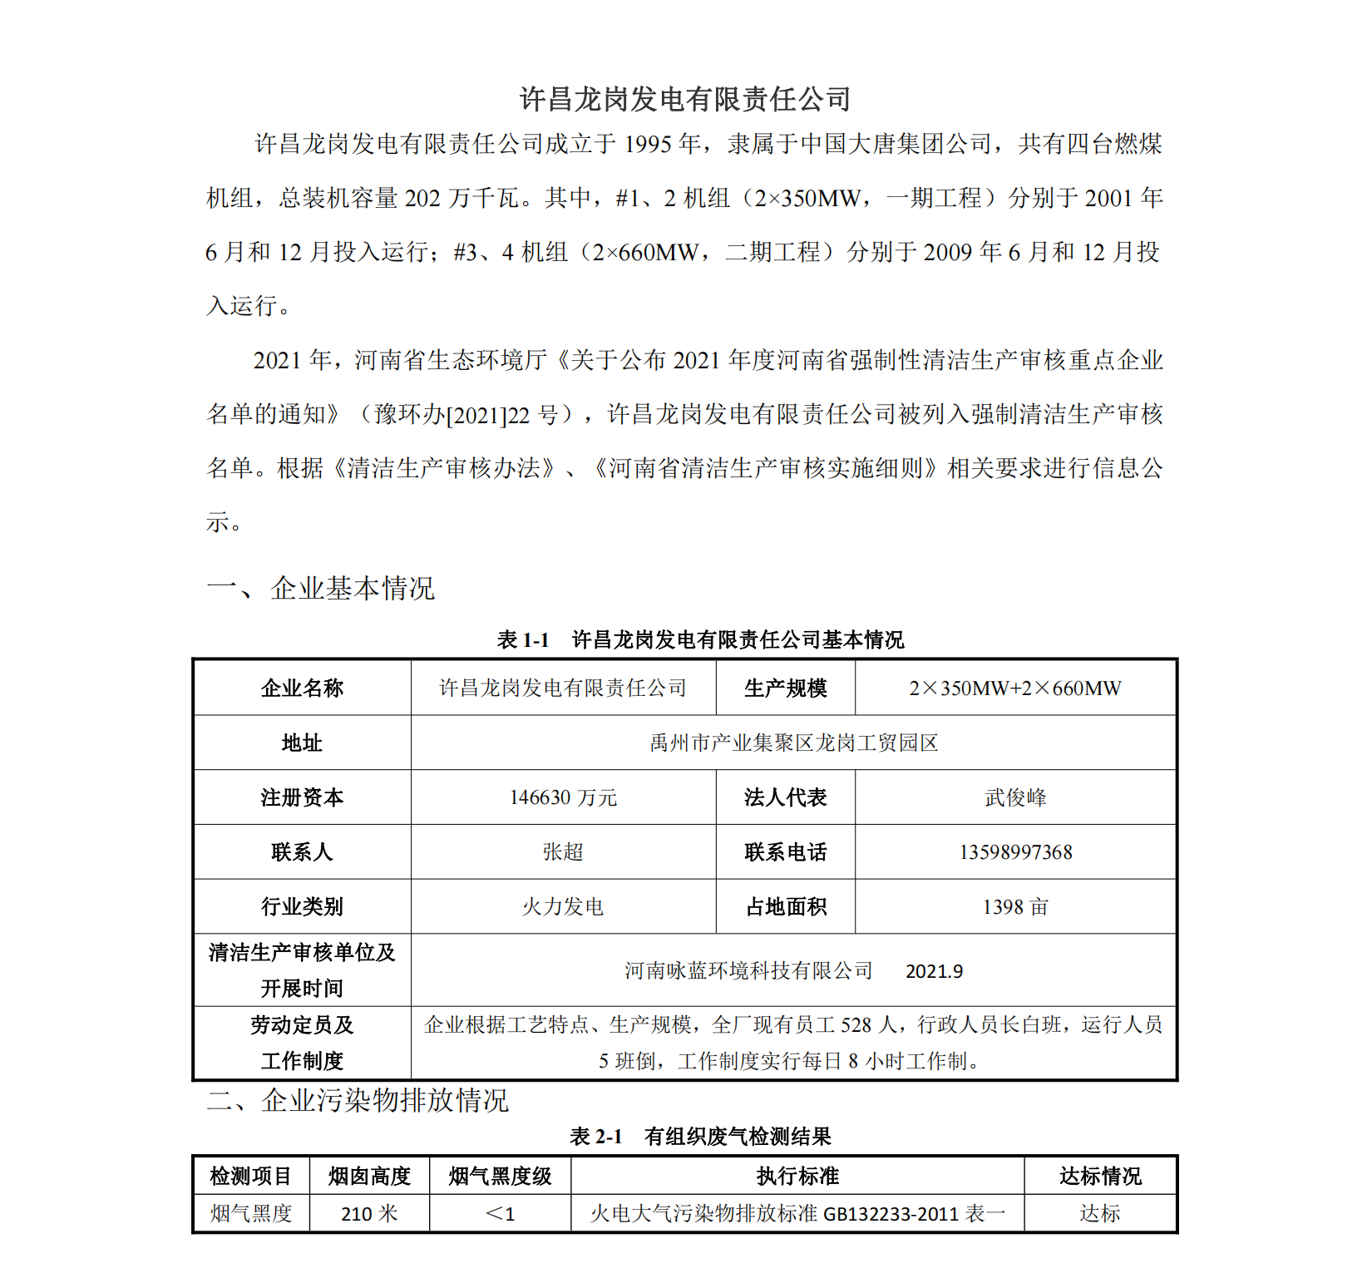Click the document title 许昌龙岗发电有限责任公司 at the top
685,99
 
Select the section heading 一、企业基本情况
320,588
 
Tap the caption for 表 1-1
700,639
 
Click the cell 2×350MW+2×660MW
1014,688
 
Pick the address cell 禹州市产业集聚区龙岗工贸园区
793,743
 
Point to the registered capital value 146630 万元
563,797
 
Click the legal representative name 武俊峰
1015,797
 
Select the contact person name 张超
563,851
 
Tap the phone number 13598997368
1015,851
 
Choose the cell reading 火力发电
563,906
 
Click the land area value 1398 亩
1015,906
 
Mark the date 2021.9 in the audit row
934,971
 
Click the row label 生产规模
786,688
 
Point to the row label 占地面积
786,906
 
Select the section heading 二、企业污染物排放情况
358,1100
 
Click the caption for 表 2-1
700,1136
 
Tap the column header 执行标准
797,1176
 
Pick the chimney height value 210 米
369,1214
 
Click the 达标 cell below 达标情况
1100,1214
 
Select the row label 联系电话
786,851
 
